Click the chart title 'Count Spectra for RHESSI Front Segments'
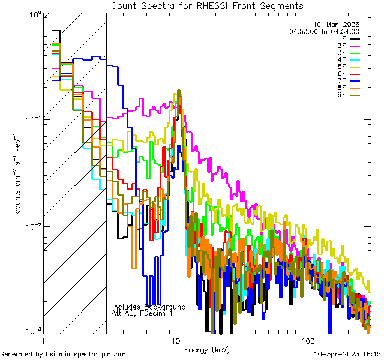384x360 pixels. coord(207,5)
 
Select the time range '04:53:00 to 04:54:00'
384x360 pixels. coord(324,31)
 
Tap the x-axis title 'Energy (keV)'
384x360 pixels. coord(207,350)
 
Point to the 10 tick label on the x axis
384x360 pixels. coord(176,340)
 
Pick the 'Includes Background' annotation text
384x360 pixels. coord(149,307)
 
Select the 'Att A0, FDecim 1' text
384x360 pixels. coord(142,313)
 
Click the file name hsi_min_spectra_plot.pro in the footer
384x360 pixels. coord(86,354)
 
